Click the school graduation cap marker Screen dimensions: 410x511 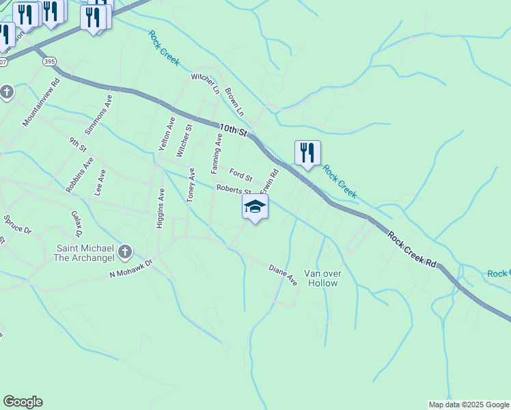(255, 206)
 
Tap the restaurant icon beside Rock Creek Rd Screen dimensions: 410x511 (307, 152)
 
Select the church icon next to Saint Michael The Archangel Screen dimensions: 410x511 (124, 253)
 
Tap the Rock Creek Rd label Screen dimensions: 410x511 (412, 249)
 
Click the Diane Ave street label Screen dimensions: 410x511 (283, 275)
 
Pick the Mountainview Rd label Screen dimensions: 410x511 (42, 102)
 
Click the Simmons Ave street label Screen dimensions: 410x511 (98, 114)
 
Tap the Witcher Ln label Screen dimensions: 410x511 (206, 84)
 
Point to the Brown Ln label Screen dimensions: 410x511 (234, 100)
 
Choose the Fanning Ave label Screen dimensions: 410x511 (217, 152)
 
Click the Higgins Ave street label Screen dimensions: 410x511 (161, 208)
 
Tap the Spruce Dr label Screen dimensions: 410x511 (18, 225)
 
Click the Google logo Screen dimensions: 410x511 (23, 402)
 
